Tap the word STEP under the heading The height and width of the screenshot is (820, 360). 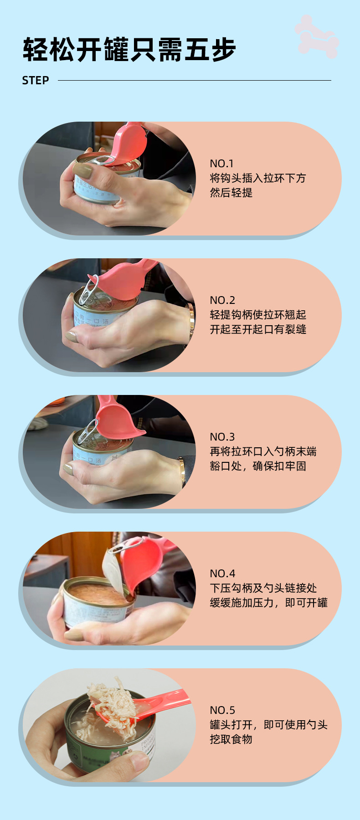click(x=36, y=81)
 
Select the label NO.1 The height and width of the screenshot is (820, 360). click(x=221, y=164)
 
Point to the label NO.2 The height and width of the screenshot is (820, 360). click(x=222, y=300)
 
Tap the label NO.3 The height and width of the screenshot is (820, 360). click(x=222, y=437)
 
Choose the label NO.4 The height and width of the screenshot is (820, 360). click(x=222, y=574)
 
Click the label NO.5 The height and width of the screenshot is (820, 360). click(x=222, y=710)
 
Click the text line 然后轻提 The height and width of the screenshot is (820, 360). click(x=231, y=193)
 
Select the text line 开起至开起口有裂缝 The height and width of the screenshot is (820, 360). click(x=258, y=329)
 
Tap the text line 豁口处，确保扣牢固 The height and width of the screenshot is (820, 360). click(x=258, y=466)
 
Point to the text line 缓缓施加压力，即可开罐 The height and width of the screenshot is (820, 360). click(x=268, y=603)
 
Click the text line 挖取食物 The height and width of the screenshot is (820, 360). click(x=231, y=739)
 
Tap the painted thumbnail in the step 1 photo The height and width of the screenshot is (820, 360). click(x=82, y=171)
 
